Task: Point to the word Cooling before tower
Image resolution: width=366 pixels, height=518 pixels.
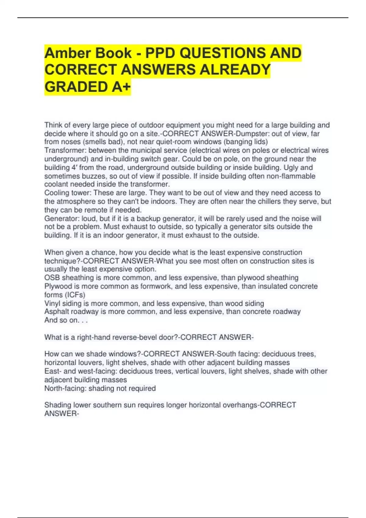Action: coord(57,193)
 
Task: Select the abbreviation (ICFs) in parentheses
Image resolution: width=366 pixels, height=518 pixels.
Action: coord(74,295)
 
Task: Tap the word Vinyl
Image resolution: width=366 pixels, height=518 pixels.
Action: coord(52,303)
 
